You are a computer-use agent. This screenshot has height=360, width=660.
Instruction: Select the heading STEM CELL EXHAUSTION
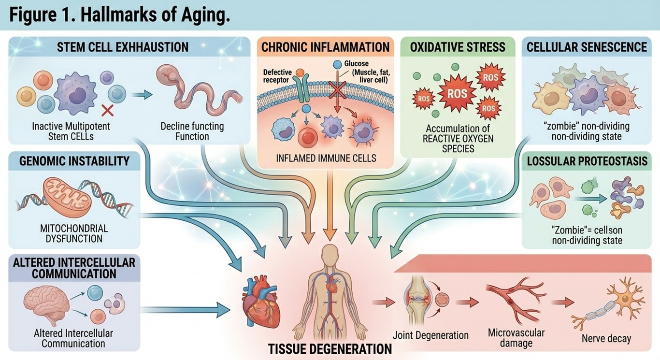122,47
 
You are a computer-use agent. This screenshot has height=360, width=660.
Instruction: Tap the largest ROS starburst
457,93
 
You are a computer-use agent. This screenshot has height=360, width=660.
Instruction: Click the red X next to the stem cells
107,110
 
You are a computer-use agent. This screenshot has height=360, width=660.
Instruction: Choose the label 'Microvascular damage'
516,338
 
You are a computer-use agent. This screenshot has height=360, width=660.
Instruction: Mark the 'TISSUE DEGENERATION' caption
330,348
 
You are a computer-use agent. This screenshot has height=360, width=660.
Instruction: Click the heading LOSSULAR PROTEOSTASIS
587,161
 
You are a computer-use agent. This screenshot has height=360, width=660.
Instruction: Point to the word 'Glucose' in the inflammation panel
356,64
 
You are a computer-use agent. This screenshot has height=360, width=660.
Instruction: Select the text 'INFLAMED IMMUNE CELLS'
326,158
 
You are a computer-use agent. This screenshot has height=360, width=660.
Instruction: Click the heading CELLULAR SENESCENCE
587,47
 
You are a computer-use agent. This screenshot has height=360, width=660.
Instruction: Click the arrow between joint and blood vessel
467,302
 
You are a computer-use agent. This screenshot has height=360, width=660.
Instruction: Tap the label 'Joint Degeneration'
430,335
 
